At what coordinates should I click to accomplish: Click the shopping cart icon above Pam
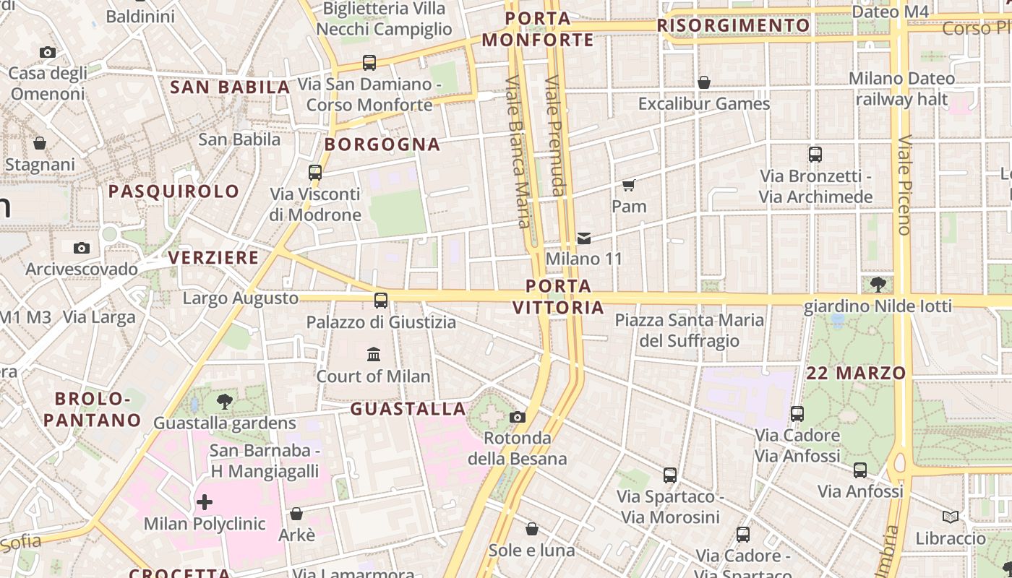click(x=628, y=186)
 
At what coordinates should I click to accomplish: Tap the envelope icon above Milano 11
click(x=584, y=238)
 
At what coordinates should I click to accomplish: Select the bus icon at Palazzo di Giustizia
click(x=381, y=301)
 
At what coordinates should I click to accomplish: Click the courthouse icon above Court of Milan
click(x=374, y=354)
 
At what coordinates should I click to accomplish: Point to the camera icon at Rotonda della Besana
click(x=518, y=417)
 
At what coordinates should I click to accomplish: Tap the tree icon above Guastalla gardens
click(x=225, y=402)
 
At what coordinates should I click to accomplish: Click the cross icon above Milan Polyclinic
click(x=205, y=501)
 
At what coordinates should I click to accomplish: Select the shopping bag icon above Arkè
click(x=296, y=514)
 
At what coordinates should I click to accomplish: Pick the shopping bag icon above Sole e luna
click(x=532, y=529)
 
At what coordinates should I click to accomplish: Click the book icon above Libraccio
click(x=951, y=517)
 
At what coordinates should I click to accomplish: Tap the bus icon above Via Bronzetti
click(x=815, y=155)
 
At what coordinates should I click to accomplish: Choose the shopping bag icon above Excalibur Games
click(x=704, y=82)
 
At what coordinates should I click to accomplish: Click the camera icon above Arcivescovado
click(x=82, y=248)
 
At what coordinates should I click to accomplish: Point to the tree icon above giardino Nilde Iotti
click(x=879, y=285)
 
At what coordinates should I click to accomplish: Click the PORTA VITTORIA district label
click(x=558, y=297)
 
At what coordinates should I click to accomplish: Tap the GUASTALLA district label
click(x=408, y=409)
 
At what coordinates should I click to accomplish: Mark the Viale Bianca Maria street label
click(x=518, y=152)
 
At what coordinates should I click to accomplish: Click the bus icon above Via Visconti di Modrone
click(x=315, y=173)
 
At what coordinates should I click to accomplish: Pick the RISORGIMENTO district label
click(x=734, y=26)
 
